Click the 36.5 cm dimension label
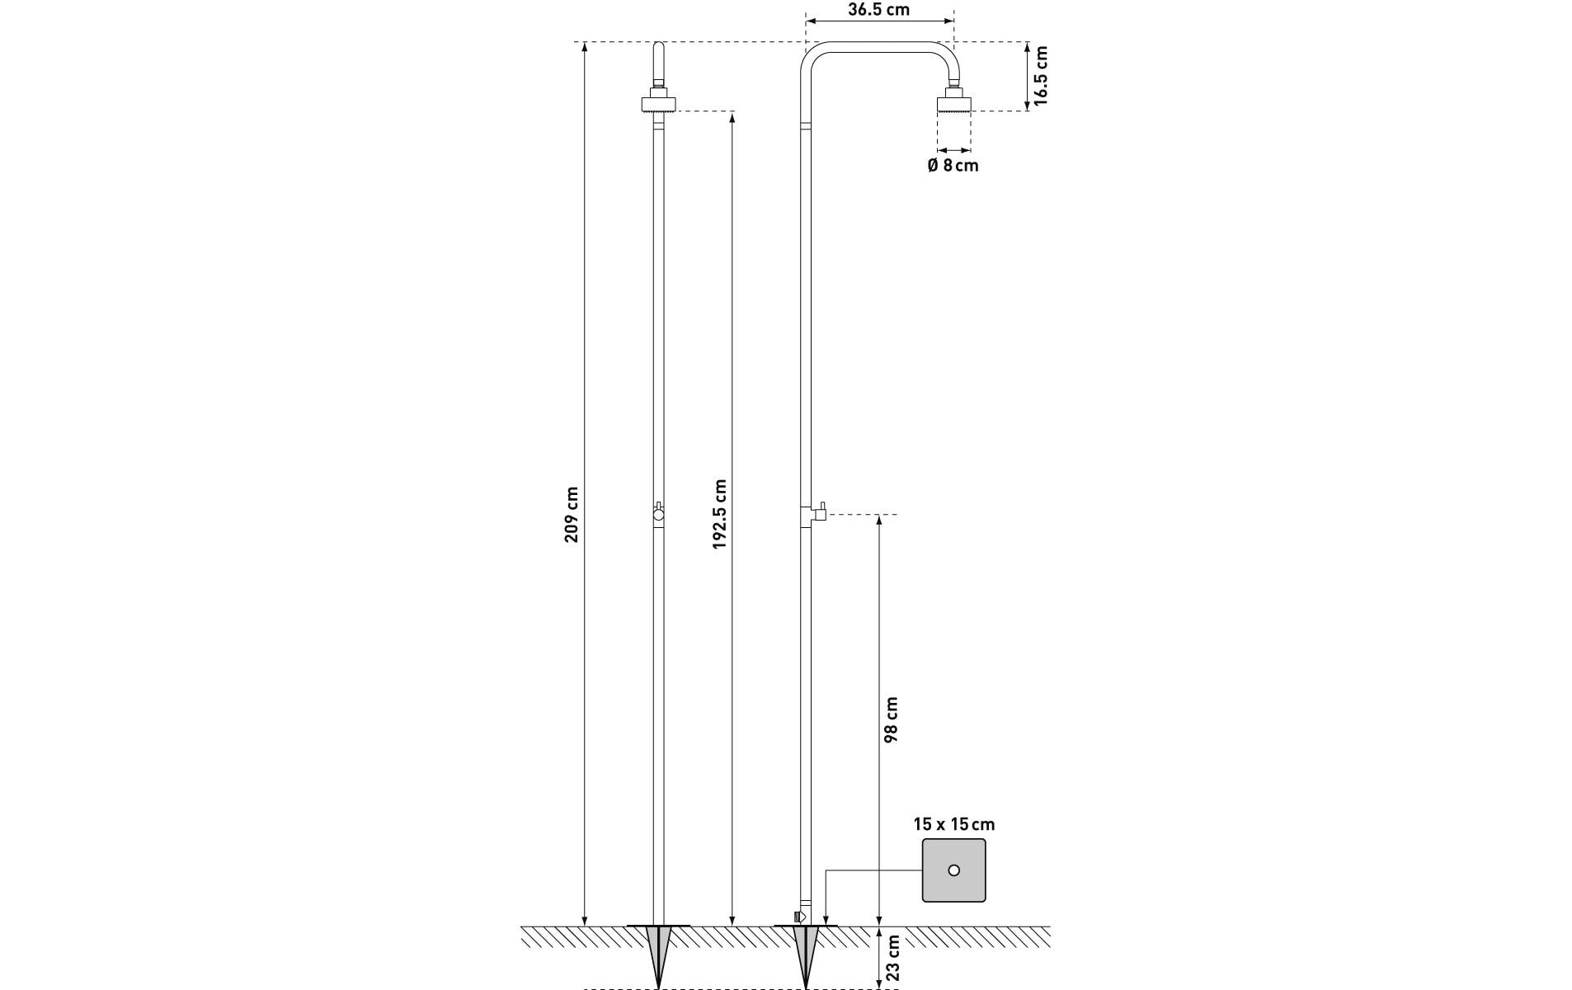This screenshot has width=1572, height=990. pyautogui.click(x=878, y=10)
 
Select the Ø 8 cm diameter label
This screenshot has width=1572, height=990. pyautogui.click(x=953, y=165)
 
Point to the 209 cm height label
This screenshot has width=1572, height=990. pyautogui.click(x=571, y=515)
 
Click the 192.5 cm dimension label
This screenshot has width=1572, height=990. pyautogui.click(x=720, y=514)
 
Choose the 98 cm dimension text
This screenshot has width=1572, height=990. pyautogui.click(x=891, y=719)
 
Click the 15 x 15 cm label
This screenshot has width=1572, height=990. pyautogui.click(x=953, y=824)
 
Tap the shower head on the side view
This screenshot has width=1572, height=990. pyautogui.click(x=954, y=104)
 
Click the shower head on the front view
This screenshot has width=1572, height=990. pyautogui.click(x=658, y=104)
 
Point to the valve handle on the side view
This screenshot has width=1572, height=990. pyautogui.click(x=820, y=512)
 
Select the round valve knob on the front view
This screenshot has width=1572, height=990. pyautogui.click(x=658, y=513)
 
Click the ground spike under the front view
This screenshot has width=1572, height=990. pyautogui.click(x=658, y=957)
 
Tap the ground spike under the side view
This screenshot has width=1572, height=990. pyautogui.click(x=805, y=957)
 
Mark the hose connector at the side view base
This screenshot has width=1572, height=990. pyautogui.click(x=798, y=916)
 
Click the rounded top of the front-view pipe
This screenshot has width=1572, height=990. pyautogui.click(x=658, y=49)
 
